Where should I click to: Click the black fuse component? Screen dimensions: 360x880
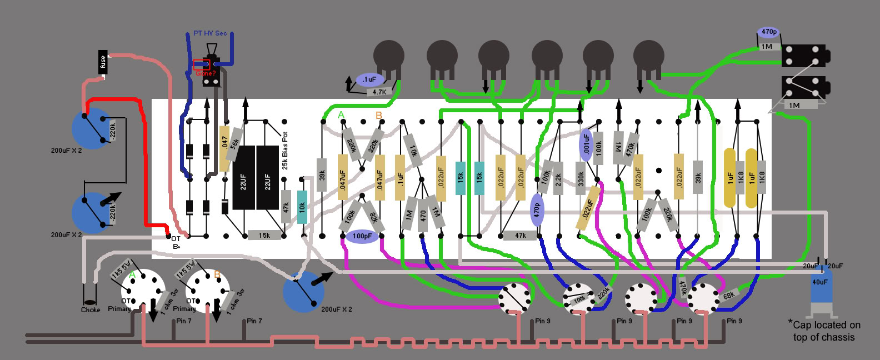coord(103,62)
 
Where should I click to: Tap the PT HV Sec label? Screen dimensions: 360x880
coord(210,33)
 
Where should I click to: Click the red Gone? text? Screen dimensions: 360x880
coord(205,73)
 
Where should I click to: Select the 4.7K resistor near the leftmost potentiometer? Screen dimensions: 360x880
coord(379,92)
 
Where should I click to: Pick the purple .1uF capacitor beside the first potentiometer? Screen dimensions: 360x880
coord(369,80)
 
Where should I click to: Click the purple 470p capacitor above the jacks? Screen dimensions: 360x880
coord(769,32)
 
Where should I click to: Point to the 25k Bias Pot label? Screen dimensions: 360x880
coord(285,151)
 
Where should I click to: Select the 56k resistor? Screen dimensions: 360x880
coord(236,143)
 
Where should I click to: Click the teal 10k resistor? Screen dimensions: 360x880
coord(302,207)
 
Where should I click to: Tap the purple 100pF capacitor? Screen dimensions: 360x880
coord(362,236)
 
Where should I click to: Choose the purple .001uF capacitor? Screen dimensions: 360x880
coord(586,144)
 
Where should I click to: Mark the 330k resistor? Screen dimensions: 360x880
coord(581,179)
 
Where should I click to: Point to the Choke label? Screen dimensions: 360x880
coord(91,309)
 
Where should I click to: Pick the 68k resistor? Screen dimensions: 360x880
coord(729,295)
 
